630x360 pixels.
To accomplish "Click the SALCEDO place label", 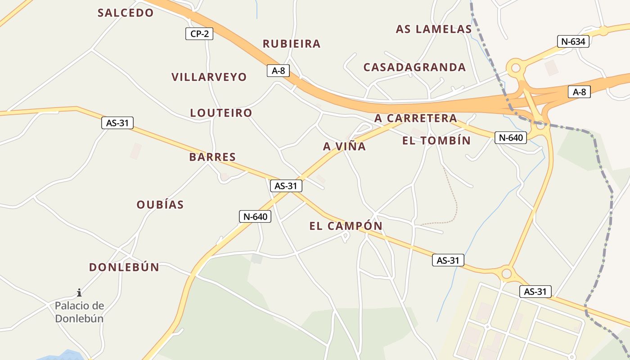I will pos(126,13).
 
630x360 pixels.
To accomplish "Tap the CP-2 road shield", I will pos(199,33).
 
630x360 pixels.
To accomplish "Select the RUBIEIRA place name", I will pos(292,44).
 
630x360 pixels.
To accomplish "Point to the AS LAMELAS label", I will pos(433,29).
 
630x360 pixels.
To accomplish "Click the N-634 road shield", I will pos(573,41).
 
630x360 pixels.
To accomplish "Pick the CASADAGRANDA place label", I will pos(414,67).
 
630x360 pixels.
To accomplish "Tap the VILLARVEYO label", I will pos(209,77).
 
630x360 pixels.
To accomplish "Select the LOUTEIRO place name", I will pos(221,112).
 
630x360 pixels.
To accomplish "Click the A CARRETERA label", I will pos(416,118).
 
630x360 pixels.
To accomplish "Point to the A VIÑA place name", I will pos(344,146).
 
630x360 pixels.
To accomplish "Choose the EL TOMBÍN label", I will pos(436,141).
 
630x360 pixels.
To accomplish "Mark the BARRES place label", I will pos(212,157).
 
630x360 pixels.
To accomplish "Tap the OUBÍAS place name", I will pos(160,205).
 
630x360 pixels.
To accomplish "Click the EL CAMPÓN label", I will pos(346,226).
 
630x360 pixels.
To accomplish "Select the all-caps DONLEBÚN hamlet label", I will pos(124,267).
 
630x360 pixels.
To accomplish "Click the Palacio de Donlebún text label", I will pos(79,312).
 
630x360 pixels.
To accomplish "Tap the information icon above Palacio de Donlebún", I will pos(79,292).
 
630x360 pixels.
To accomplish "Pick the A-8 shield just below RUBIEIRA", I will pos(278,71).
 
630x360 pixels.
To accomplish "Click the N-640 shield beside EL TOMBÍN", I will pos(511,137).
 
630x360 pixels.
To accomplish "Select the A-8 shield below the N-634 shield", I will pos(579,92).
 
